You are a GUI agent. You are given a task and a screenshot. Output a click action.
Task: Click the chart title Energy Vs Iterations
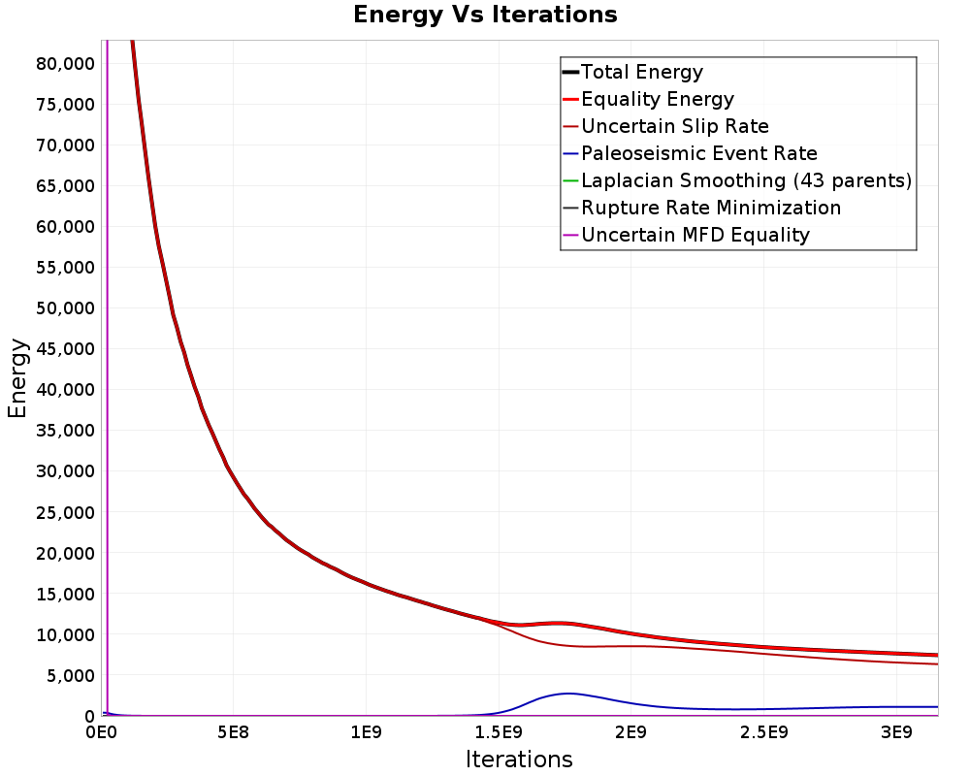coord(485,15)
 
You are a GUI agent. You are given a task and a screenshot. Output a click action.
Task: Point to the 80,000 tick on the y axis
coord(66,64)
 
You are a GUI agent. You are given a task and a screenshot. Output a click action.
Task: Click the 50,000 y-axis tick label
coord(66,308)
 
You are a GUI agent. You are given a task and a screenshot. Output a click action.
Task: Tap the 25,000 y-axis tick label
coord(66,512)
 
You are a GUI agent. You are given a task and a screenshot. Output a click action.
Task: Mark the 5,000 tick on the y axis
coord(71,676)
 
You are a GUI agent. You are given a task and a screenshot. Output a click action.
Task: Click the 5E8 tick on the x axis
coord(233,733)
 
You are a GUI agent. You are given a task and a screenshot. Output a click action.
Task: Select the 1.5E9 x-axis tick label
coord(499,733)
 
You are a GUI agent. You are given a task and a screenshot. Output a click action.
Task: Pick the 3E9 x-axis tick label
coord(896,733)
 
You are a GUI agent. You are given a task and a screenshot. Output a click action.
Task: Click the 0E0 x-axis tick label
coord(102,733)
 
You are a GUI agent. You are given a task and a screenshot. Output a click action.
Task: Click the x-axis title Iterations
coord(519,760)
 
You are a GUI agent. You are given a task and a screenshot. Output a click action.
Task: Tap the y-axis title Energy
coord(17,378)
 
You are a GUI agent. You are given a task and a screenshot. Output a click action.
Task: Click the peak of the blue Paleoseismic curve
coord(567,694)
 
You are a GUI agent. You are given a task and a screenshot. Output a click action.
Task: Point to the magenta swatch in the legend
coord(570,235)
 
